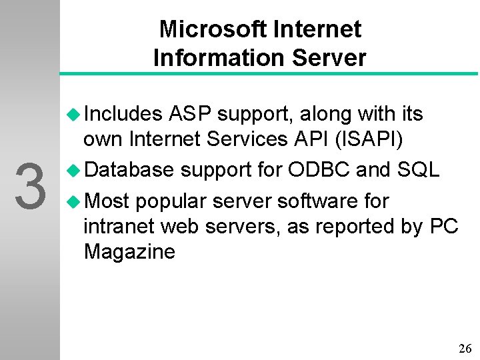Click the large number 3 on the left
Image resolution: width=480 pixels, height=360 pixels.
[29, 186]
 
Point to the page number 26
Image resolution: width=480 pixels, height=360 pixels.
[465, 349]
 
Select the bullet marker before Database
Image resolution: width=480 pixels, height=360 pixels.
[74, 170]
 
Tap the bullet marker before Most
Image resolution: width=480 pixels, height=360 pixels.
[74, 201]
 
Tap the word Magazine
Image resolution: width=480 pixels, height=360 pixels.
[129, 252]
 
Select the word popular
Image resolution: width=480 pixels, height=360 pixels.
[169, 201]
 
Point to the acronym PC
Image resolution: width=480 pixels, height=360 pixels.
[444, 227]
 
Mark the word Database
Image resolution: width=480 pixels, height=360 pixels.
[129, 170]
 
